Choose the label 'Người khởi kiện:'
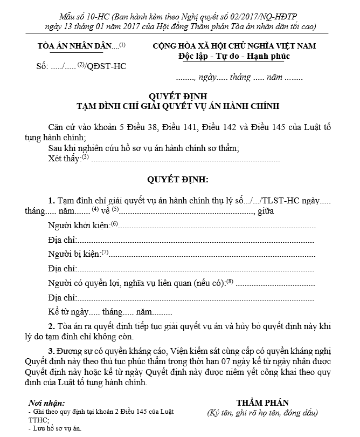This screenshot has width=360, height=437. click(x=79, y=225)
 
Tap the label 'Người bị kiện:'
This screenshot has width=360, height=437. click(x=74, y=254)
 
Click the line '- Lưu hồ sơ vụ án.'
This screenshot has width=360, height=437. click(x=54, y=428)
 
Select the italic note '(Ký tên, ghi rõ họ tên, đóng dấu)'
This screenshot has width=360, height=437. click(x=262, y=413)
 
